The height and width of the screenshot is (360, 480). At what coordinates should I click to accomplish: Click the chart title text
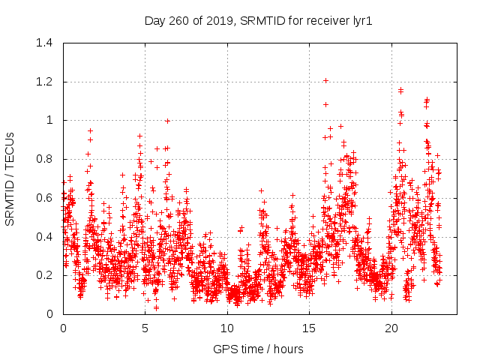pyautogui.click(x=258, y=22)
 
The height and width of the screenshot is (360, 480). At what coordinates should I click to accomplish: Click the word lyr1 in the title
pyautogui.click(x=361, y=22)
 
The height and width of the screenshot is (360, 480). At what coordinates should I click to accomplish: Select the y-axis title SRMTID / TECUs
pyautogui.click(x=10, y=178)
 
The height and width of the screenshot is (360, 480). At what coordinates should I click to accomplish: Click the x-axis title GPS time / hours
pyautogui.click(x=258, y=349)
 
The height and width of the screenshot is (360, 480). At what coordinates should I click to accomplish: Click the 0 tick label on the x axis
pyautogui.click(x=63, y=328)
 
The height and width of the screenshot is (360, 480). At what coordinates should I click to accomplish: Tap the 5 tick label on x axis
pyautogui.click(x=145, y=328)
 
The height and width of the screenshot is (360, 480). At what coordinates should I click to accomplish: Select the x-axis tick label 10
pyautogui.click(x=227, y=328)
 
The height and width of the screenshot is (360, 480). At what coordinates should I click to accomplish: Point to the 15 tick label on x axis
pyautogui.click(x=309, y=328)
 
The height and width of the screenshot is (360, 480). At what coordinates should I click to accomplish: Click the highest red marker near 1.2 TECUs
pyautogui.click(x=325, y=80)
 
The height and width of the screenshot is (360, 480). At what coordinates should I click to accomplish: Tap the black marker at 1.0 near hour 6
pyautogui.click(x=168, y=120)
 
